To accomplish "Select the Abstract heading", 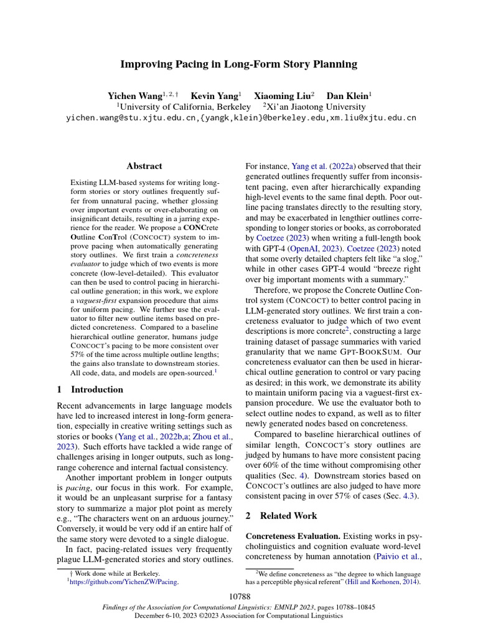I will (x=144, y=166).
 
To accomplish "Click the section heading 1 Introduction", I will (x=90, y=389).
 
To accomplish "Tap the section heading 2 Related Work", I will (x=281, y=516).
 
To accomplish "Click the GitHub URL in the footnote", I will (x=124, y=581).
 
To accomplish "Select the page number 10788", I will (x=239, y=598).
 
